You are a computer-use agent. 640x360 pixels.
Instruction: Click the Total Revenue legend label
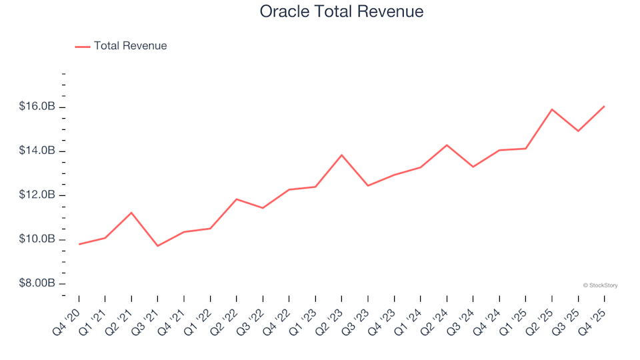click(130, 46)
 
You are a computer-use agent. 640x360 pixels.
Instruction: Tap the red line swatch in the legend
click(83, 47)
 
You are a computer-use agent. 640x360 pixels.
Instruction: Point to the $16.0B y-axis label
click(38, 107)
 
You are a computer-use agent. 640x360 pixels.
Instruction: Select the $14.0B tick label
click(38, 151)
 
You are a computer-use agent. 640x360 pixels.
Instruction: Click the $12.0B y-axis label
click(38, 195)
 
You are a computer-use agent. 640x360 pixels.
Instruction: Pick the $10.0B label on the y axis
click(38, 239)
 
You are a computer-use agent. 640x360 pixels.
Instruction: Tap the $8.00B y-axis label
click(38, 283)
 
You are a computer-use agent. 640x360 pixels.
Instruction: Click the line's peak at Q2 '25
click(552, 109)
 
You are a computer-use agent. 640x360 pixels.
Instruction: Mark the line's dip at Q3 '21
click(158, 246)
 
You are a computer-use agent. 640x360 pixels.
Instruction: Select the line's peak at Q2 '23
click(342, 155)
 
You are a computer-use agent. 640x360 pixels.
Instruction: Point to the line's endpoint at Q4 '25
click(604, 106)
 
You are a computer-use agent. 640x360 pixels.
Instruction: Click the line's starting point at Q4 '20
click(79, 244)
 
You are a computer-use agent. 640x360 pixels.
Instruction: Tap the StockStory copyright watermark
click(600, 285)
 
